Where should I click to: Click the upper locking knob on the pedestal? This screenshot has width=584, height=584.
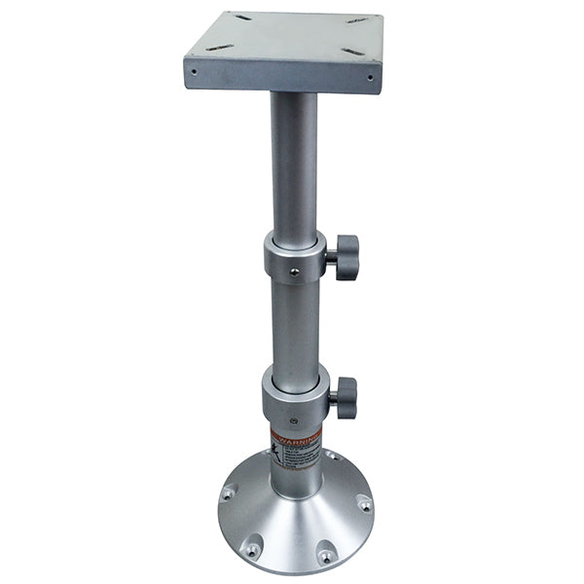(x=345, y=257)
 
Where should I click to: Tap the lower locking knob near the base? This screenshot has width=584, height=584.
(x=344, y=397)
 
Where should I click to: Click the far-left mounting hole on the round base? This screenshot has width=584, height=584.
(x=228, y=493)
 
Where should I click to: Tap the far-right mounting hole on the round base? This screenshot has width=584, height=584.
(x=364, y=504)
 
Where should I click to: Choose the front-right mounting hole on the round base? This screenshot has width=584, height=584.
(x=327, y=556)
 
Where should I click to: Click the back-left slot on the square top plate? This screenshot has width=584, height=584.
(x=240, y=18)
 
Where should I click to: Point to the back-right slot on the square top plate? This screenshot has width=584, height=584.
(x=356, y=20)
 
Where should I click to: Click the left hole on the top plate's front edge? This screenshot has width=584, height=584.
(x=194, y=71)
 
